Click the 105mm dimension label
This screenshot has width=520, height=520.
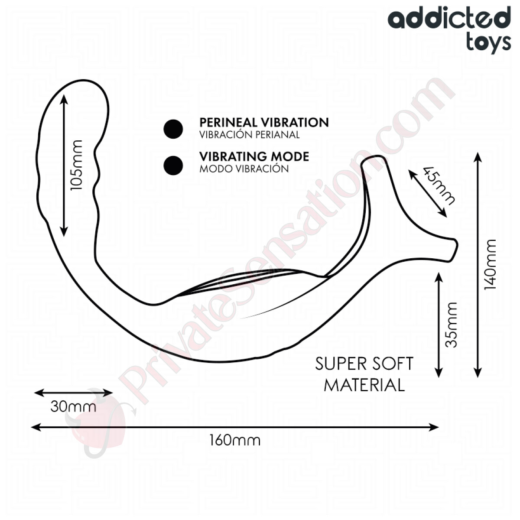[x=76, y=165]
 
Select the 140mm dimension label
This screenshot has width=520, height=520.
[x=490, y=265]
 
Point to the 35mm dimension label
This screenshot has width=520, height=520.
[x=451, y=325]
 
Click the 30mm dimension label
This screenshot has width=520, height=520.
[x=73, y=406]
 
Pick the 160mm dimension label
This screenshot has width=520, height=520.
[x=235, y=441]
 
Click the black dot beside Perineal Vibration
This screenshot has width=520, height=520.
[x=173, y=129]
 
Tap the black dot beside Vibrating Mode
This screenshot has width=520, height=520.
[x=173, y=166]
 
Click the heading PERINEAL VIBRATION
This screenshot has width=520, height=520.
[x=264, y=123]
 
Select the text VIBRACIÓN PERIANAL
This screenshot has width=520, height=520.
[x=249, y=135]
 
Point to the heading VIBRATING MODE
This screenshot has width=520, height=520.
[x=254, y=156]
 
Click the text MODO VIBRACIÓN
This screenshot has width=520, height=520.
[x=244, y=169]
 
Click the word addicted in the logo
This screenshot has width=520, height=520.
[x=449, y=18]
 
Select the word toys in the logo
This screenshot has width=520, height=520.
[x=488, y=43]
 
